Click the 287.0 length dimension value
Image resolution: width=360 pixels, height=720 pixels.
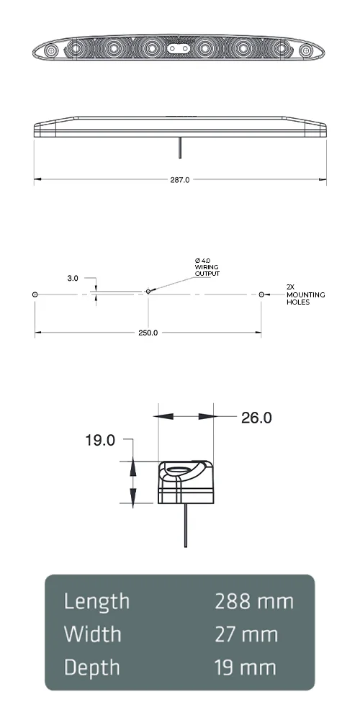tap(180, 180)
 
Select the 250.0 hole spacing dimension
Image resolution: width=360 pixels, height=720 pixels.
tap(148, 333)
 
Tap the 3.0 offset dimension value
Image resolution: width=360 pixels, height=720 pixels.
tap(73, 277)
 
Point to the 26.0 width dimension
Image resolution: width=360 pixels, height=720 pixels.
tap(256, 418)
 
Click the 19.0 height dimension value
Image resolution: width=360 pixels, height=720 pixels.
tap(100, 440)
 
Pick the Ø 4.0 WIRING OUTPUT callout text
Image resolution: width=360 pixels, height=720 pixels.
tap(207, 267)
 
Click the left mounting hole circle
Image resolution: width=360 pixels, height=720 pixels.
tap(35, 294)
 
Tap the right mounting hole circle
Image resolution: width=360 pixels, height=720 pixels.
tap(261, 294)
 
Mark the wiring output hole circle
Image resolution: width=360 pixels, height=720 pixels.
tap(148, 292)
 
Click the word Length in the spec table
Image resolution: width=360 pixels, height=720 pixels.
tap(96, 601)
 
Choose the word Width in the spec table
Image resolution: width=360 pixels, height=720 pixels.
tap(92, 634)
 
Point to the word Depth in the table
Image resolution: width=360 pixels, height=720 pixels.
tap(93, 667)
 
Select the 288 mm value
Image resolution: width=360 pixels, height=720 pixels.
tap(254, 601)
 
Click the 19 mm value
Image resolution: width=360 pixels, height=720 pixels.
tap(246, 667)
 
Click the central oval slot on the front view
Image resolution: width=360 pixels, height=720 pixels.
tap(179, 48)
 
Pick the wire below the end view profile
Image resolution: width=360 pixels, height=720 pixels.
tap(186, 526)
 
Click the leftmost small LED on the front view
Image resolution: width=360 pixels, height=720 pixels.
tap(52, 51)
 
